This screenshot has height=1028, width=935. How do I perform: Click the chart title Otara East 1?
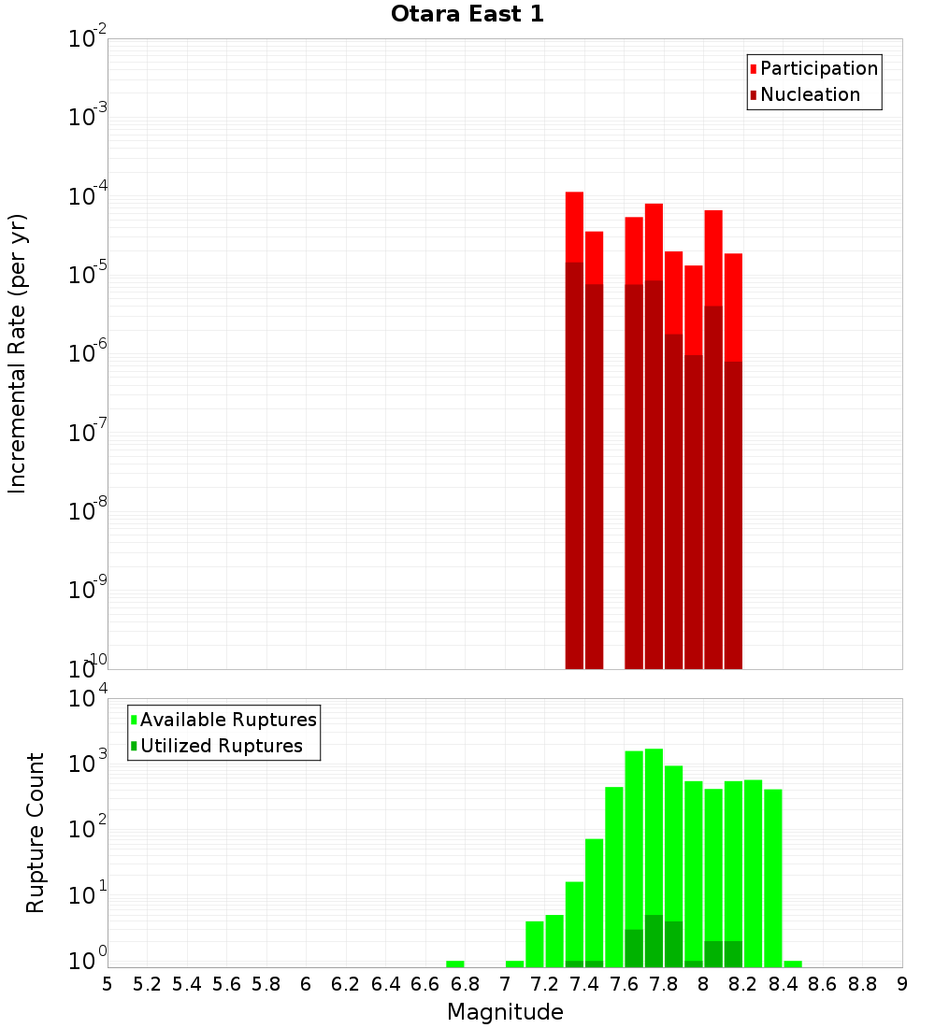click(x=467, y=15)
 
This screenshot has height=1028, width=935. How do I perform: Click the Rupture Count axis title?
click(x=36, y=833)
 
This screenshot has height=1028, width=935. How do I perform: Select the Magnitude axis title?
click(x=505, y=1011)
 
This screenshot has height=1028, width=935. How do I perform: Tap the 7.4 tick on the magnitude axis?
click(x=584, y=983)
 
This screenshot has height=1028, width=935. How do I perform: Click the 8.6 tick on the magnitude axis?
click(x=823, y=983)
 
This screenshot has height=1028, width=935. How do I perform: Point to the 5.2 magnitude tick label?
click(x=147, y=983)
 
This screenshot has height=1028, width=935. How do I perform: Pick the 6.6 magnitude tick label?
click(x=425, y=983)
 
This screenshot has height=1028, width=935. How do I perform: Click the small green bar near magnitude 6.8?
click(x=455, y=964)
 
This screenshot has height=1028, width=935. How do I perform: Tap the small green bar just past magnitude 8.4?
click(x=793, y=964)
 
